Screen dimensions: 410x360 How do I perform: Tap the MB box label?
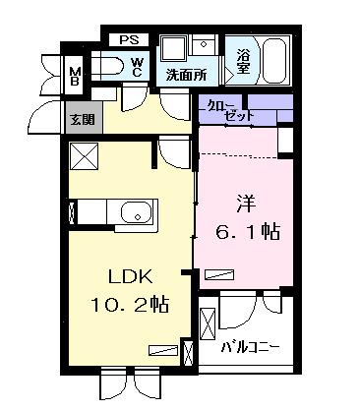tap(75, 75)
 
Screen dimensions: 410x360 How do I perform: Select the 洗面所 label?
tap(185, 74)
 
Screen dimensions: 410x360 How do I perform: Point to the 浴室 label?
tap(242, 61)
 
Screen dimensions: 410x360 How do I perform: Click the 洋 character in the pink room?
tap(245, 205)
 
